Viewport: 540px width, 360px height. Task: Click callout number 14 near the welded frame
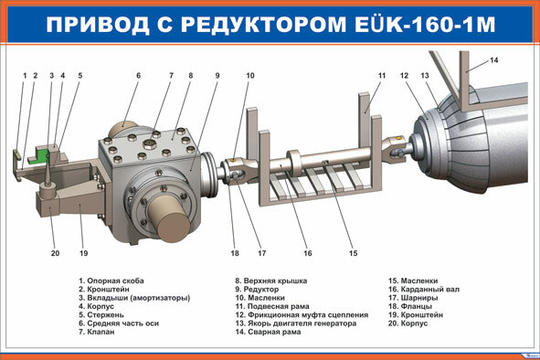(493, 60)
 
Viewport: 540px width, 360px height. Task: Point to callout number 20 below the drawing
(55, 253)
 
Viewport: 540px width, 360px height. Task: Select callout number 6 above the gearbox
(139, 76)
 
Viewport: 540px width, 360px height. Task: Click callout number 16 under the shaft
(308, 253)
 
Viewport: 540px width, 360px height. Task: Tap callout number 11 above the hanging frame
(382, 76)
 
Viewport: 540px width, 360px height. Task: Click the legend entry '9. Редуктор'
(257, 290)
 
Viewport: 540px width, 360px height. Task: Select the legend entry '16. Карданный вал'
(424, 290)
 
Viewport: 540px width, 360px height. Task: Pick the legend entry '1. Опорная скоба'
(111, 281)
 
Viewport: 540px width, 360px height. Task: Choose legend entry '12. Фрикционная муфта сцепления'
(302, 315)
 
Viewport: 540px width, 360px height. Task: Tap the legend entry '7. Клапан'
(97, 332)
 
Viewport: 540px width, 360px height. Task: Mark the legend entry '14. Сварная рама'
(268, 332)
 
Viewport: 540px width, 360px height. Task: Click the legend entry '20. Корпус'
(408, 323)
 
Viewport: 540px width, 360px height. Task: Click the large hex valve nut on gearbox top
(150, 143)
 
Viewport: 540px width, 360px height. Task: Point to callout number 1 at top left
(25, 76)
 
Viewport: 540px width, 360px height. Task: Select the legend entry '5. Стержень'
(101, 315)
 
